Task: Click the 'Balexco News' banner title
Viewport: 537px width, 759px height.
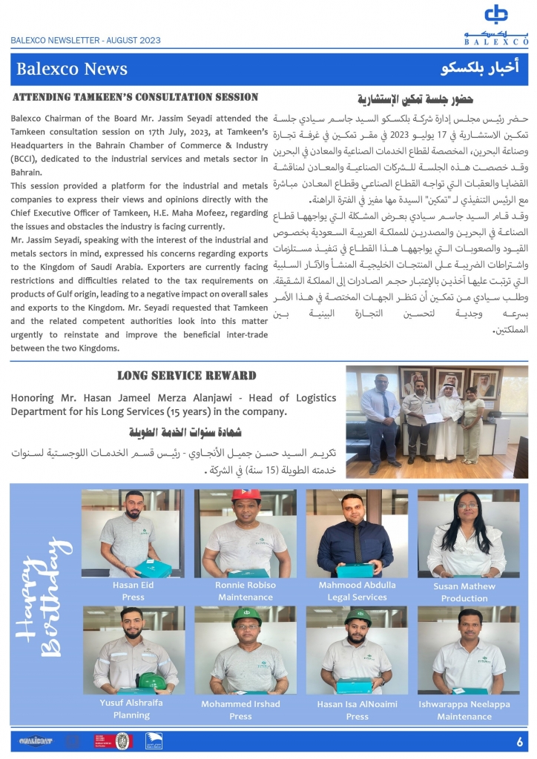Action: coord(73,70)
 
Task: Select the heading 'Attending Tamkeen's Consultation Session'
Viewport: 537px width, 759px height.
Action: coord(136,97)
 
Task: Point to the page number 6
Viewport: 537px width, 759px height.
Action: coord(520,740)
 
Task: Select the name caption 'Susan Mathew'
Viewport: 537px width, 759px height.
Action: coord(464,586)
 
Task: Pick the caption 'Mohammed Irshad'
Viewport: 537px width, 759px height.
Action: coord(240,704)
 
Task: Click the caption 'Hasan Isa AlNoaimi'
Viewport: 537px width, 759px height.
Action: coord(357,704)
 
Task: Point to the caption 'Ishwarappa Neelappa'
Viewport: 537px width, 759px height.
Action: coord(464,704)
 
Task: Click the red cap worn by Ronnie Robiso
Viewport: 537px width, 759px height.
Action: coord(246,494)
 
